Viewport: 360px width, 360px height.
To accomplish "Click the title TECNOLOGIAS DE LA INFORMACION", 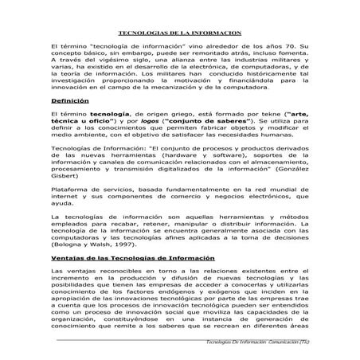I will point(179,34).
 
